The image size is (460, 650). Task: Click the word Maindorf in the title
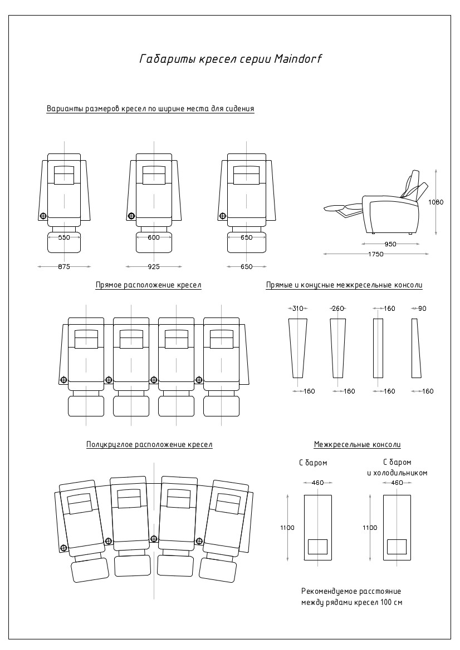click(298, 59)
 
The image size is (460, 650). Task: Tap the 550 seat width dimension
click(64, 237)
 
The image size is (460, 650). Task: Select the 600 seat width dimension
click(154, 237)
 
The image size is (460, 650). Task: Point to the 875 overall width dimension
click(64, 267)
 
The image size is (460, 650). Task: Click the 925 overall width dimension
click(154, 267)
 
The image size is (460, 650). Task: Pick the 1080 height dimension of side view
click(436, 202)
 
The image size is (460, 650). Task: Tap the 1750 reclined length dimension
click(376, 254)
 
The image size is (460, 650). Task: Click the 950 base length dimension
click(390, 244)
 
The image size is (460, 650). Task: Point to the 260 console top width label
click(338, 309)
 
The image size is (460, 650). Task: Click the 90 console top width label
click(422, 309)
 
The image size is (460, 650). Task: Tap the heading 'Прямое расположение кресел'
click(148, 285)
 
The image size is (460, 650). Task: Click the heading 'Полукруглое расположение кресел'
click(149, 445)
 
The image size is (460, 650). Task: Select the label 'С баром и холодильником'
click(397, 468)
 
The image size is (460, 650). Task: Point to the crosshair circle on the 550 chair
click(42, 216)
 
